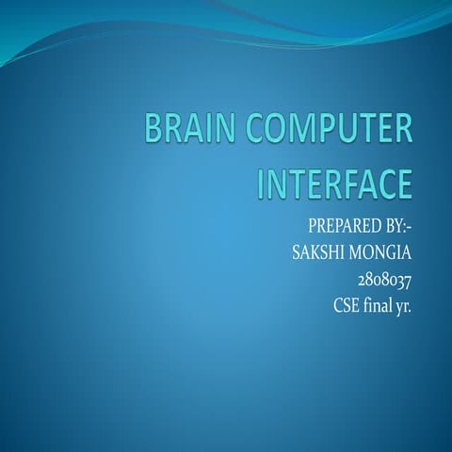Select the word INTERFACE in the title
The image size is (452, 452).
point(334,182)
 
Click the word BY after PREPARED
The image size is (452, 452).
point(394,229)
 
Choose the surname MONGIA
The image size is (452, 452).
point(385,254)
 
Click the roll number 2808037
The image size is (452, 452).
point(384,280)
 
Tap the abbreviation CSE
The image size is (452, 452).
point(346,305)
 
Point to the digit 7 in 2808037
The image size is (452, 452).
point(408,280)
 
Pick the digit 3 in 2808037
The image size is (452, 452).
point(398,280)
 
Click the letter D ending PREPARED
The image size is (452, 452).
point(371,229)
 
